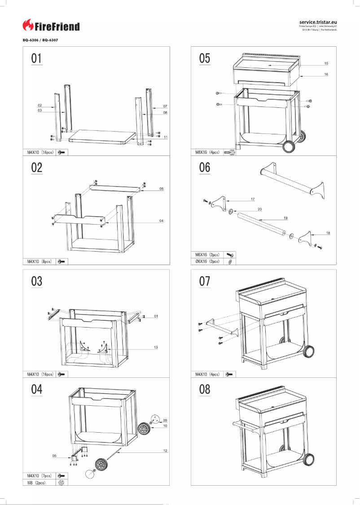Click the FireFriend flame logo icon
tap(28, 26)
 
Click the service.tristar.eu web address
tap(318, 22)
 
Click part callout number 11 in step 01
tap(166, 137)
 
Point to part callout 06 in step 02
tap(161, 189)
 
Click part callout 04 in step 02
tap(161, 221)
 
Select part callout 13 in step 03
tap(156, 347)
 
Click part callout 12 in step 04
tap(165, 451)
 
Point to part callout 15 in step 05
tap(326, 63)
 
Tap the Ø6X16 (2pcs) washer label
tap(207, 261)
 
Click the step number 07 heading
tap(205, 281)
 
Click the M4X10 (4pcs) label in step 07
tap(207, 374)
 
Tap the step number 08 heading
tap(205, 389)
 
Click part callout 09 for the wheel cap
tap(165, 420)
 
